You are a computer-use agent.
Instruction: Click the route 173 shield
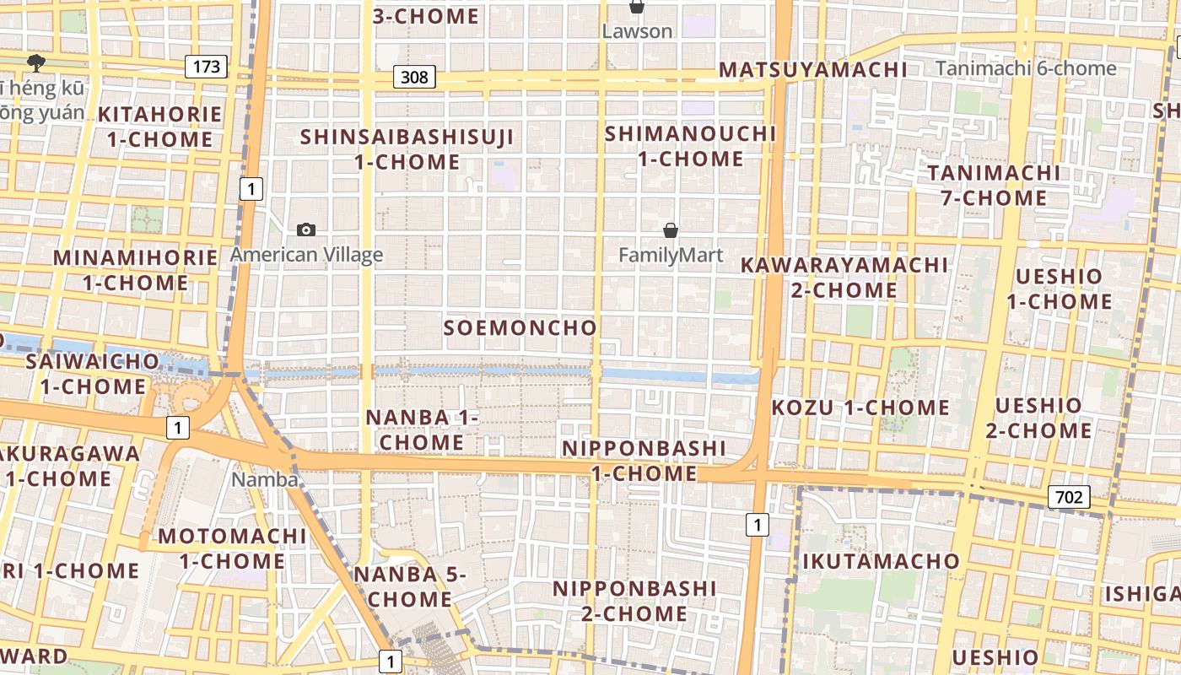click(207, 66)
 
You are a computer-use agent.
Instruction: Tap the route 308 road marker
click(414, 78)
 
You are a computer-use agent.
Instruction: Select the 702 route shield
click(1068, 497)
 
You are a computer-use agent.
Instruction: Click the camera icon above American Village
click(306, 229)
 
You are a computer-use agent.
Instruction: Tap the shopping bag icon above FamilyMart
click(671, 229)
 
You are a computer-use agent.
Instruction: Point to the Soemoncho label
click(520, 328)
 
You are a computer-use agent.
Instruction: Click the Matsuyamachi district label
click(812, 70)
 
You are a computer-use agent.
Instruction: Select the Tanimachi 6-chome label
click(1027, 68)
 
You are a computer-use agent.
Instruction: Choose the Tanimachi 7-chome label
click(994, 186)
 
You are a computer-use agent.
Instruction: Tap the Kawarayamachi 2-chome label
click(844, 277)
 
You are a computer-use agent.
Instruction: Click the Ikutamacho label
click(881, 561)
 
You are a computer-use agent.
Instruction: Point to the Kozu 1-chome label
click(860, 408)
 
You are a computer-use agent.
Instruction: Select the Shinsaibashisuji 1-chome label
click(407, 148)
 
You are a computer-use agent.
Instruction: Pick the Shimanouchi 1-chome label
click(690, 145)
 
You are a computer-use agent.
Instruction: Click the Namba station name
click(266, 480)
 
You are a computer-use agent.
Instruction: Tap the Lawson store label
click(637, 31)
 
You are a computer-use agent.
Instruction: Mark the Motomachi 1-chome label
click(232, 548)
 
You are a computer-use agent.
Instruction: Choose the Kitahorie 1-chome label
click(159, 127)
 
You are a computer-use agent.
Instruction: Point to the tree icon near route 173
click(35, 62)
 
